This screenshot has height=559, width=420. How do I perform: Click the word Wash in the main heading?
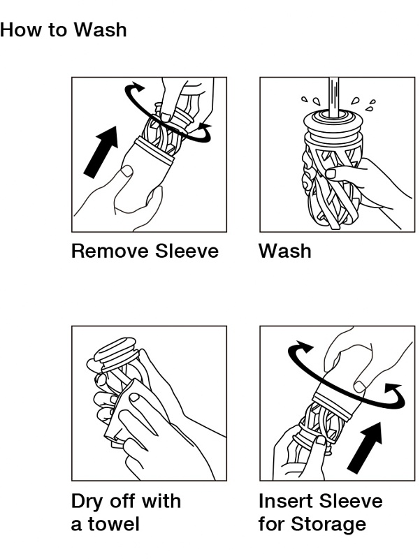point(101,29)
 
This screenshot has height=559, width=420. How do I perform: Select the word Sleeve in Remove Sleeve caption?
point(187,251)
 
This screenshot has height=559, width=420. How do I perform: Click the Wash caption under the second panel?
point(285,251)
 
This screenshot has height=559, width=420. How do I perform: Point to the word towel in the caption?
point(114,524)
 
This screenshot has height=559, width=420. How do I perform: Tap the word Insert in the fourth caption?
point(286,501)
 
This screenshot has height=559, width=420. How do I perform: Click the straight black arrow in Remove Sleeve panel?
point(101,152)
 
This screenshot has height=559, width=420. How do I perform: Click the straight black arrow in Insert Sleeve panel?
point(365,447)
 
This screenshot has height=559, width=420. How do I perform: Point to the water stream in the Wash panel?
point(334,96)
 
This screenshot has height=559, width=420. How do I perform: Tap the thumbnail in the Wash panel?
point(331,173)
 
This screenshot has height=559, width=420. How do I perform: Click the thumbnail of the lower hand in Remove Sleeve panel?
point(126,172)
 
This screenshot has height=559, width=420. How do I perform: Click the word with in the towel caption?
point(161,501)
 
